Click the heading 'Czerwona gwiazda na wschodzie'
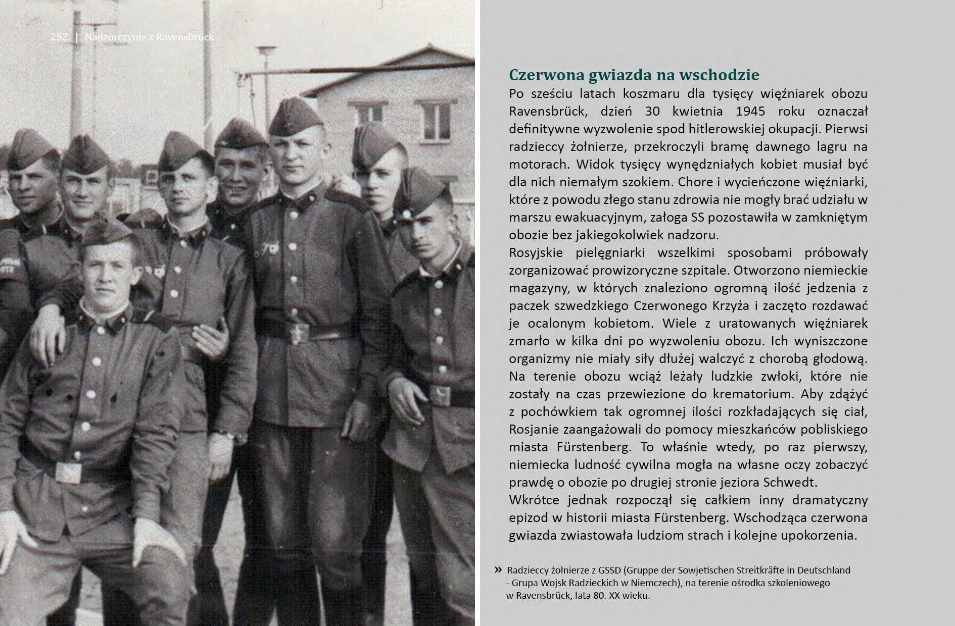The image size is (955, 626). coord(634,75)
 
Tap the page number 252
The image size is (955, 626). coord(59,37)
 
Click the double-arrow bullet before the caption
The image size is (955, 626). coord(498,570)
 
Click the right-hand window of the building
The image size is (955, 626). coord(436,121)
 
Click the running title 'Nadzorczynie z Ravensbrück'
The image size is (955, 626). coord(150,37)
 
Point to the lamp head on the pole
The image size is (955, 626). coord(266,50)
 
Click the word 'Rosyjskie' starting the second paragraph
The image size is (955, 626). coord(536,252)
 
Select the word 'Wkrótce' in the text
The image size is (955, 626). coord(534,500)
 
